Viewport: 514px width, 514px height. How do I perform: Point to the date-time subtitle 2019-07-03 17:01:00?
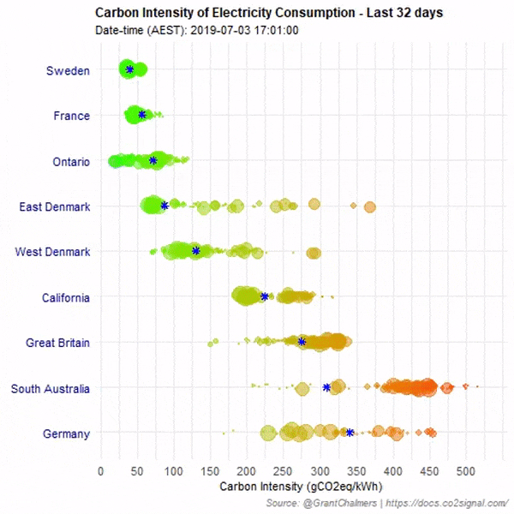(197, 31)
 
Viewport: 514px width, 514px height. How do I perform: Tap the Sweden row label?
(68, 71)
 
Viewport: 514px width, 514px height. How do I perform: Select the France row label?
(71, 116)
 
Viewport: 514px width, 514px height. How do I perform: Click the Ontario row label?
(68, 161)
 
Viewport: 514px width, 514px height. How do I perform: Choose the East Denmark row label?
(54, 206)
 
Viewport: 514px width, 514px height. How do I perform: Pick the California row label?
(65, 297)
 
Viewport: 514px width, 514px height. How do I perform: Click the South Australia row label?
(50, 388)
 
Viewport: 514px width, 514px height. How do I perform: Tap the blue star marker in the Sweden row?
(129, 69)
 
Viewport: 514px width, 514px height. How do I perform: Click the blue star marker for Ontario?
(153, 160)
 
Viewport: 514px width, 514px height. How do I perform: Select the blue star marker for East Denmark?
(164, 205)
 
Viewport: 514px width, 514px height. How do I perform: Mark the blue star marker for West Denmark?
(196, 250)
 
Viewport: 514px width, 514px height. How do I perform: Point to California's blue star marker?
(264, 296)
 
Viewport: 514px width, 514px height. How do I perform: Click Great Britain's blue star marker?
(302, 342)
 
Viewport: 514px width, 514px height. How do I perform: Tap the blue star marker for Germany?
(350, 433)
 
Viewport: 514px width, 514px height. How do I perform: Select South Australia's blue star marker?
(326, 387)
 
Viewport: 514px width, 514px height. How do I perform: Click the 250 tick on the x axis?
(284, 470)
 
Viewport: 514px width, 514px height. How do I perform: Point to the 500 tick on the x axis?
(466, 470)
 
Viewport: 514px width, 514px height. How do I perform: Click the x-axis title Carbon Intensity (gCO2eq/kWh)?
(287, 487)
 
